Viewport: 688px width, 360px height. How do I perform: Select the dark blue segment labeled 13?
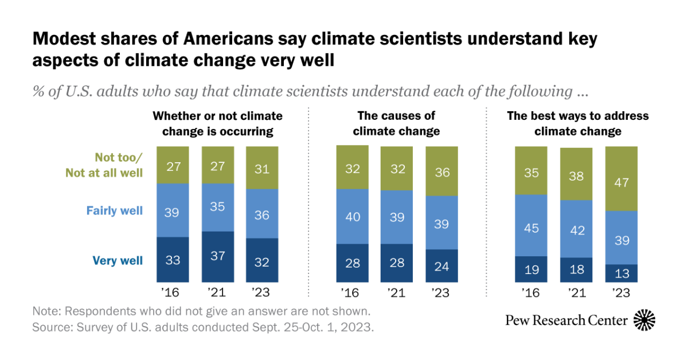click(x=621, y=273)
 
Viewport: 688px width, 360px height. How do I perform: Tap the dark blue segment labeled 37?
click(x=217, y=257)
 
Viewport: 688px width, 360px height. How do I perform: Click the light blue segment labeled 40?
click(x=353, y=216)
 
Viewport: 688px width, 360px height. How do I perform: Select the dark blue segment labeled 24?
click(x=441, y=265)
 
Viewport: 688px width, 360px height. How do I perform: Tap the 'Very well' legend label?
click(x=118, y=261)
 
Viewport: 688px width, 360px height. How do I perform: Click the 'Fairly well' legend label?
click(x=114, y=210)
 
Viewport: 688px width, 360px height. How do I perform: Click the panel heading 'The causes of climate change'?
click(x=396, y=123)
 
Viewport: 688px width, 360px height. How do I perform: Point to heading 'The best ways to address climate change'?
click(x=577, y=123)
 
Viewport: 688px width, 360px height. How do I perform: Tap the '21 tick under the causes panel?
click(x=397, y=293)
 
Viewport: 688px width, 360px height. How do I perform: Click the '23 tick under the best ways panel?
click(x=621, y=293)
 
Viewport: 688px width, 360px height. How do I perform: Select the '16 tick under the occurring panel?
click(x=171, y=293)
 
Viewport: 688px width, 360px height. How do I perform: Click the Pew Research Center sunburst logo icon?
click(x=644, y=320)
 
